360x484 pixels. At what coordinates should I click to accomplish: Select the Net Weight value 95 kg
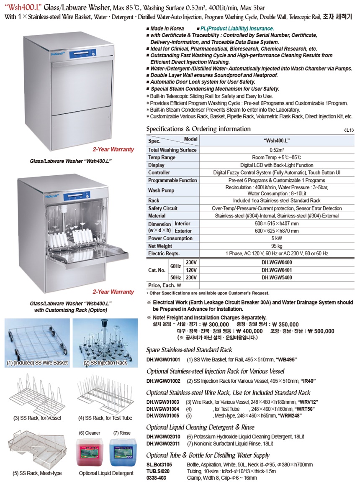[277, 246]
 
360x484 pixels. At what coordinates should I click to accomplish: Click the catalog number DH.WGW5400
[277, 277]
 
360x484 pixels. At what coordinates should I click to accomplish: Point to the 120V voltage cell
[191, 269]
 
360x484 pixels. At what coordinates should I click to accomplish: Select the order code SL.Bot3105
[159, 465]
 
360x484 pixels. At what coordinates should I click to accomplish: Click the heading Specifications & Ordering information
[198, 129]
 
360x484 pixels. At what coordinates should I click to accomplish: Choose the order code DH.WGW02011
[163, 443]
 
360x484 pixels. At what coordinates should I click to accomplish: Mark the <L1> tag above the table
[349, 131]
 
